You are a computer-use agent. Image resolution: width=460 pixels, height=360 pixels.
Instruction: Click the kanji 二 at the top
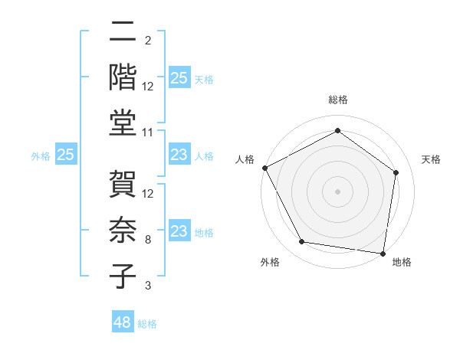click(122, 33)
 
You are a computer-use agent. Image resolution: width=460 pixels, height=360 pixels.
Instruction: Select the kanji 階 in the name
click(122, 76)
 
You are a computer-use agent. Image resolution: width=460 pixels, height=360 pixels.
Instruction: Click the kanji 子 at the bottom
click(122, 275)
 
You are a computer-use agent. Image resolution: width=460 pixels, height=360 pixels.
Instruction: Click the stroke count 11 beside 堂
click(148, 133)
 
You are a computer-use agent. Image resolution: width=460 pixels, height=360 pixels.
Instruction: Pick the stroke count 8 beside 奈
click(147, 239)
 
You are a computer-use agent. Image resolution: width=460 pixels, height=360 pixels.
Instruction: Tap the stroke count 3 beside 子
click(147, 286)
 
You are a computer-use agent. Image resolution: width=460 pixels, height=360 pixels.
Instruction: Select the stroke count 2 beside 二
click(147, 40)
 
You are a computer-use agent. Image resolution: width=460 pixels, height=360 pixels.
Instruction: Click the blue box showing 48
click(123, 322)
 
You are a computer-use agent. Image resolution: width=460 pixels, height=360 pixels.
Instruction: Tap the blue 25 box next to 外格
click(66, 155)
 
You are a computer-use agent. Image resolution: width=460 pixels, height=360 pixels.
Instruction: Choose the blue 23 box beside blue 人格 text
click(179, 155)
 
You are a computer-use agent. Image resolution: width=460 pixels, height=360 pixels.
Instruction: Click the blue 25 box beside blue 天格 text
click(179, 77)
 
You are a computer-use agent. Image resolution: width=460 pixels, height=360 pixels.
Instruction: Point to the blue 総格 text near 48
click(148, 324)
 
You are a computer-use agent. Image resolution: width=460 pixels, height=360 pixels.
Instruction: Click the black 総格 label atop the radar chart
click(338, 100)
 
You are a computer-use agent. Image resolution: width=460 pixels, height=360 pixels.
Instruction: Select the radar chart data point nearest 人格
click(264, 168)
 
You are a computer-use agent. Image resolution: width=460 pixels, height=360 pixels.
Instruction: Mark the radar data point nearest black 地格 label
click(383, 253)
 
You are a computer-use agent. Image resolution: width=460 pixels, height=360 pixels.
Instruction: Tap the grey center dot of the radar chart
click(338, 191)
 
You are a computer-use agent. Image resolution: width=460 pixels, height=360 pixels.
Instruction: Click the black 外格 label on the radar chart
click(270, 263)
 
